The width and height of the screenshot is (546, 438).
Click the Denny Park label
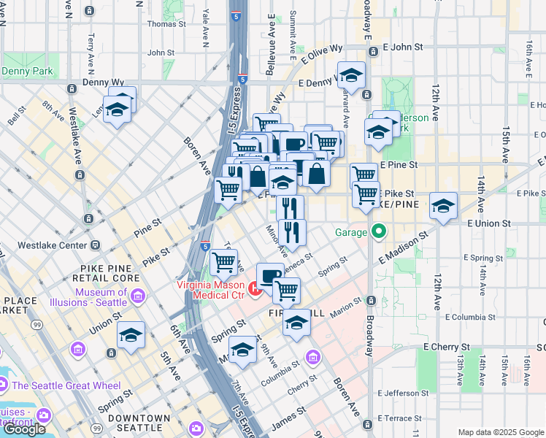27,72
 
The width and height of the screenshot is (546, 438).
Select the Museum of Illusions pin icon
139,296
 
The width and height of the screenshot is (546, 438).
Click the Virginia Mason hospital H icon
255,290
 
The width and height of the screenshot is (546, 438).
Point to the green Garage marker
378,233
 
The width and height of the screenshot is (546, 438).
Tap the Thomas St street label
166,23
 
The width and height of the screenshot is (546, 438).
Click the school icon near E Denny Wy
351,75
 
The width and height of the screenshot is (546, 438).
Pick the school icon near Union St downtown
131,334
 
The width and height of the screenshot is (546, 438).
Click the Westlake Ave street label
75,137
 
